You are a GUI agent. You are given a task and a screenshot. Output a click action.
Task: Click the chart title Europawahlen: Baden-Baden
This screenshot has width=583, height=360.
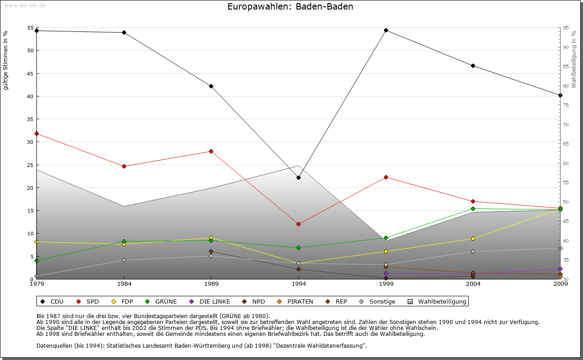tap(290, 7)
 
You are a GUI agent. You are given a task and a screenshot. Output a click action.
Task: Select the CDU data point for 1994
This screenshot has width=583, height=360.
tap(298, 177)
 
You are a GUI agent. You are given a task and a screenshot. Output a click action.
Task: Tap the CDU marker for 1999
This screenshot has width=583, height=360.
tap(386, 30)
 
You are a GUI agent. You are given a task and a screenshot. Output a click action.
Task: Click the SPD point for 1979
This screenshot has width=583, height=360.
tap(36, 133)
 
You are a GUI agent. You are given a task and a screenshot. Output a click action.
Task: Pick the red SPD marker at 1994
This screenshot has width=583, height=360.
tap(298, 224)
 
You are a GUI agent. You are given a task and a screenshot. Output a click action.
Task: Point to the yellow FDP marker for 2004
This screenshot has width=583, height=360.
tap(473, 238)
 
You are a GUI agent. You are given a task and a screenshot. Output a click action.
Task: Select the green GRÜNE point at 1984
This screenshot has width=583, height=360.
tap(124, 241)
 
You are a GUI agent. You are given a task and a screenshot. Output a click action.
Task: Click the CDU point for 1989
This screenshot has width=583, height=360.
tap(211, 86)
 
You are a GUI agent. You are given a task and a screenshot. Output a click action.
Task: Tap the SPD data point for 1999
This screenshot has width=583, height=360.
tap(386, 177)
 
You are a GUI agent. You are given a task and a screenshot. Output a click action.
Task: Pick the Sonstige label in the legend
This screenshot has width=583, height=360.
tap(382, 301)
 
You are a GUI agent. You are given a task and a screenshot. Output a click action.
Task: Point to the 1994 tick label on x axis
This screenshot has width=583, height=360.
tap(298, 284)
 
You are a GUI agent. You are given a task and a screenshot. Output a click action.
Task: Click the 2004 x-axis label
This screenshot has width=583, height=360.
tap(473, 284)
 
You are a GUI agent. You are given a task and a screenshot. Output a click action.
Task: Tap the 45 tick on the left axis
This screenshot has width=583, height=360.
tap(31, 73)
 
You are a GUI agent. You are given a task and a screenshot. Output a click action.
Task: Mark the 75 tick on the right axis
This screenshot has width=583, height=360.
tap(565, 105)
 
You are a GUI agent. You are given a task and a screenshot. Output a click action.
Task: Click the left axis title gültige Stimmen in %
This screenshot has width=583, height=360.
tap(6, 60)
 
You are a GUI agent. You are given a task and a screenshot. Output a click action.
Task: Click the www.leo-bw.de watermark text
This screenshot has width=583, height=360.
tap(24, 5)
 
